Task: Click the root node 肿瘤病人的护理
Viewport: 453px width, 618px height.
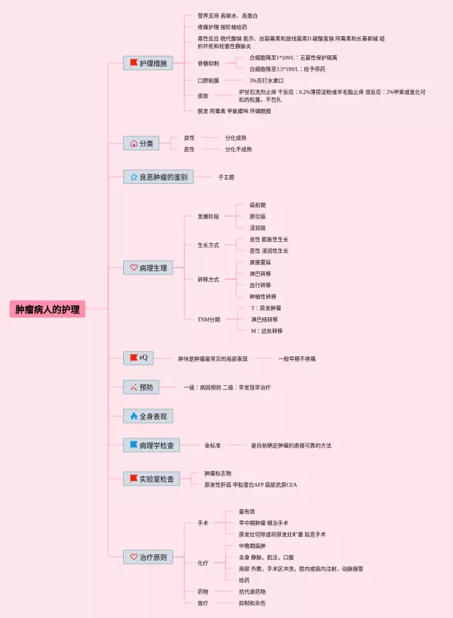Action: click(47, 309)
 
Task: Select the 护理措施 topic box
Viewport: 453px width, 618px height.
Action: click(147, 63)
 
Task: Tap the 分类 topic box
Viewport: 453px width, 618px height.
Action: click(142, 143)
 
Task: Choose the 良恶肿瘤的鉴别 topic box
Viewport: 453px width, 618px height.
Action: click(158, 177)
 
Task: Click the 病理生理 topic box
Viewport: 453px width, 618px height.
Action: click(148, 268)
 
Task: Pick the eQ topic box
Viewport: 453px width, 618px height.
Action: click(138, 358)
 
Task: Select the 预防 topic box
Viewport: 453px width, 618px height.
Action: click(142, 387)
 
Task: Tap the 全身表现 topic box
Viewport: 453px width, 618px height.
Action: click(148, 416)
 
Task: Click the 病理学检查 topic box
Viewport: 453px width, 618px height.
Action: click(151, 445)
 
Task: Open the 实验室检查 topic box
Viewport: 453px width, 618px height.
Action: click(151, 479)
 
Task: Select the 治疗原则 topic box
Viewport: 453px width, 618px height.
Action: click(148, 557)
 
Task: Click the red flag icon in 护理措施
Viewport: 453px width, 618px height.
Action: click(132, 63)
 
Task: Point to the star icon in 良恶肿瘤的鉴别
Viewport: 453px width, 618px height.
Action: click(132, 177)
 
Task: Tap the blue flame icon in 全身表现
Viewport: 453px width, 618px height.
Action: click(132, 416)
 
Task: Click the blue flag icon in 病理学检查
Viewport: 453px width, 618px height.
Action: click(132, 445)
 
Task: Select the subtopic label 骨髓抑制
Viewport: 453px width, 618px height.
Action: click(208, 64)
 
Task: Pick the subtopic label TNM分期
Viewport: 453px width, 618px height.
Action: click(208, 320)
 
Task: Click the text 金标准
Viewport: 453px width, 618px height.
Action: click(212, 445)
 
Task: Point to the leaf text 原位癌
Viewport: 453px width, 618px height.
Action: click(258, 216)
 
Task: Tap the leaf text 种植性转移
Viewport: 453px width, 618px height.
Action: click(263, 296)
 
